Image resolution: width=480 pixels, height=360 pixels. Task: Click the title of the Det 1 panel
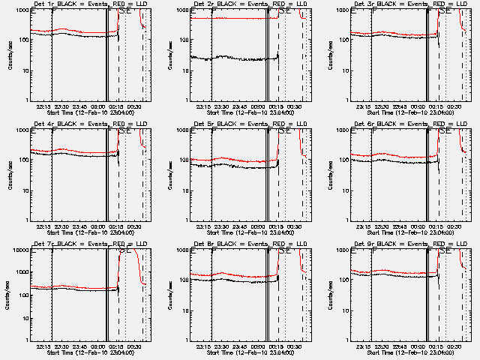click(x=89, y=4)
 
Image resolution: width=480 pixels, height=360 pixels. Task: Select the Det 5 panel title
click(x=250, y=124)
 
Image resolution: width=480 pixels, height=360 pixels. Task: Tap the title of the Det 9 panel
click(x=410, y=244)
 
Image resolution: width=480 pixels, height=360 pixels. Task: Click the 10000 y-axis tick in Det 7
click(x=19, y=250)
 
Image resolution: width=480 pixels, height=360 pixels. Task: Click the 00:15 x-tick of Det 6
click(x=436, y=226)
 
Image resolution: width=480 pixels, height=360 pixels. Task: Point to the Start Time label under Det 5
click(x=250, y=232)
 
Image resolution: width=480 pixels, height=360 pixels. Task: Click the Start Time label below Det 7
click(x=89, y=352)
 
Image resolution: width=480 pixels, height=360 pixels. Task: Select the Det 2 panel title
click(x=250, y=4)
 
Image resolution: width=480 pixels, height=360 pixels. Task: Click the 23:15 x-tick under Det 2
click(x=202, y=106)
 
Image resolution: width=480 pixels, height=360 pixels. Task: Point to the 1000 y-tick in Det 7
click(x=21, y=272)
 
